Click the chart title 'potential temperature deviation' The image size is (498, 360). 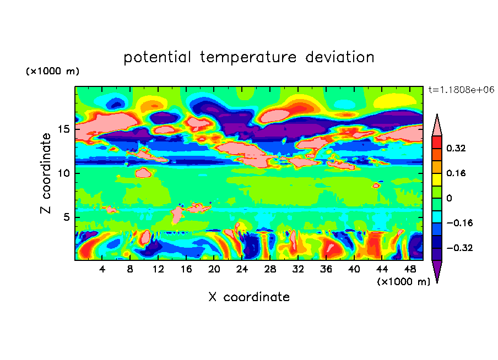pos(248,57)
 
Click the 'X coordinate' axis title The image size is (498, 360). pos(248,297)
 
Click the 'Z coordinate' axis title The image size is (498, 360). pos(46,173)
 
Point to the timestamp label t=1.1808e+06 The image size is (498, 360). pos(461,89)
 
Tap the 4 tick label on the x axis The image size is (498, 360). pos(102,269)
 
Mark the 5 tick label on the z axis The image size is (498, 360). pos(64,217)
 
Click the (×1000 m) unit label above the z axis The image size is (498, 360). pos(52,72)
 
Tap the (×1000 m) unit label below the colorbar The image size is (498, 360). pos(403,281)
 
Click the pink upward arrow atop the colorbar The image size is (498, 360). pos(437,124)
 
